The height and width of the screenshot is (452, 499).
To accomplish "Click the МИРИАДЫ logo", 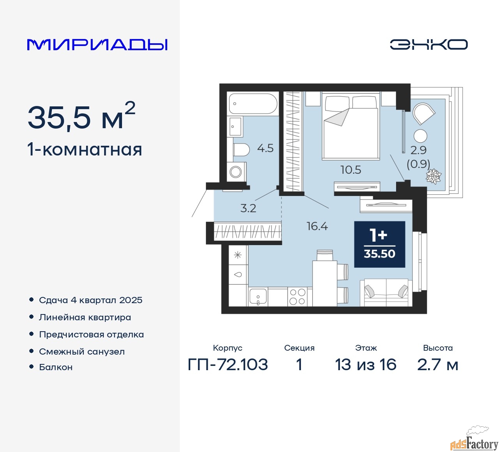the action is (97, 44).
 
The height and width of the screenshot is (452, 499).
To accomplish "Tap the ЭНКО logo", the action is (428, 44).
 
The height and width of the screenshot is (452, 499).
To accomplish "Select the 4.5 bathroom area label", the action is (265, 148).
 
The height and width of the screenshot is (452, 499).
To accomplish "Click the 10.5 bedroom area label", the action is (351, 170).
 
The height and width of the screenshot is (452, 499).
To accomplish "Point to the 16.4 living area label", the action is (317, 226).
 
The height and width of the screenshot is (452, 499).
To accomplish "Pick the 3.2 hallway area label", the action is (248, 208).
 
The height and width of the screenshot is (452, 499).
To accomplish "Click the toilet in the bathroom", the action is (241, 150).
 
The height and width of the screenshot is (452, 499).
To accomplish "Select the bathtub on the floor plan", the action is (253, 103).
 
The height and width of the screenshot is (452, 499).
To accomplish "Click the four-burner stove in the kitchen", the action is (297, 297).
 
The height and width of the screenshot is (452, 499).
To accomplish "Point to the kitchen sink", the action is (258, 297).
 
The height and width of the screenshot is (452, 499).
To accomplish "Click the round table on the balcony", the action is (420, 136).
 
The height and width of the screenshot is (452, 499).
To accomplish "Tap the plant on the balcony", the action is (434, 176).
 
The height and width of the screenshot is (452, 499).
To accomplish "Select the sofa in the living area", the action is (386, 293).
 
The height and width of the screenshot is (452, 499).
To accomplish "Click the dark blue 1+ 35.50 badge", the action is (380, 244).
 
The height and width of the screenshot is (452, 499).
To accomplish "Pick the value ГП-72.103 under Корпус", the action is (228, 365).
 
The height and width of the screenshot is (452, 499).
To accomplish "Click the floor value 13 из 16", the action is (366, 365).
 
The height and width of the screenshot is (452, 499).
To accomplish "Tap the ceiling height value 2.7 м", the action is (438, 365).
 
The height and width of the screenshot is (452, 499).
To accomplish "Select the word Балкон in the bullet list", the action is (56, 367).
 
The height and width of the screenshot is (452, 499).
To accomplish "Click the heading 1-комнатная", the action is (85, 150).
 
